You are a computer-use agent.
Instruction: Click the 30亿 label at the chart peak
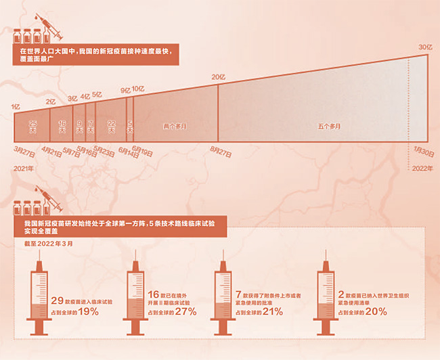point(424,47)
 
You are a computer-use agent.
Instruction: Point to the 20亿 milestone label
point(218,77)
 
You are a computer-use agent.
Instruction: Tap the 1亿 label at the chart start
point(15,106)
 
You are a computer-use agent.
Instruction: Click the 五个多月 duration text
point(329,127)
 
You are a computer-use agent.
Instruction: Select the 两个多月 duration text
point(175,127)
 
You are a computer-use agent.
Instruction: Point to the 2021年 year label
point(24,168)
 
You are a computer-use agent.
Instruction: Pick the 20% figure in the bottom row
point(376,312)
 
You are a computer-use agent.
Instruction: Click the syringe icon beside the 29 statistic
point(39,298)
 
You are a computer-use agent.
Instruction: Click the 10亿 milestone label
point(137,89)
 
